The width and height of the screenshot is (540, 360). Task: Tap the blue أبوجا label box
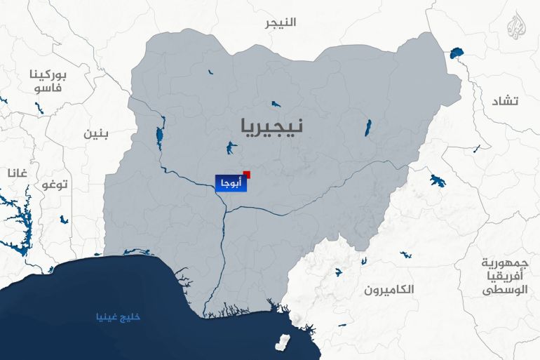231,183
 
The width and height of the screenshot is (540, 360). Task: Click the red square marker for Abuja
246,174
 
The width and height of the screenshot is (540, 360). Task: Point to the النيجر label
281,22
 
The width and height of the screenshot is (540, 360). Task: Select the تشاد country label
505,102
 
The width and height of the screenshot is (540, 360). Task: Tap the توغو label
54,185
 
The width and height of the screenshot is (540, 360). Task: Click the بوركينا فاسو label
48,81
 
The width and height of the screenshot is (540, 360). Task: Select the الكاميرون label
390,289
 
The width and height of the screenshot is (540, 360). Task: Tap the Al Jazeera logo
520,27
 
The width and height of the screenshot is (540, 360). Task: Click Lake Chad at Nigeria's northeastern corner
457,53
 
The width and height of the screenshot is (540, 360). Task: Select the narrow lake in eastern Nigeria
367,128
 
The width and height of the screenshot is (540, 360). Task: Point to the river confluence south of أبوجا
224,208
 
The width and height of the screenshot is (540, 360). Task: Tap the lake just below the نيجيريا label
229,148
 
